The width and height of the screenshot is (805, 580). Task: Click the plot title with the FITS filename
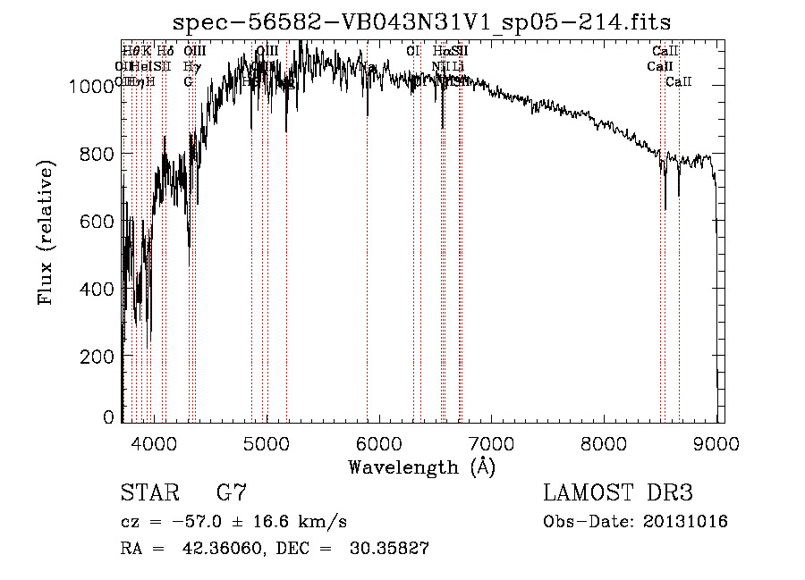(421, 21)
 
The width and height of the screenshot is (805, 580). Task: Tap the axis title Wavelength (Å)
(421, 467)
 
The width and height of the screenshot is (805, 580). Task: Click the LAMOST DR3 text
(618, 492)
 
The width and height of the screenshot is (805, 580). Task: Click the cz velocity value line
(233, 521)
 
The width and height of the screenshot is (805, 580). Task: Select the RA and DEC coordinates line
(275, 549)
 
